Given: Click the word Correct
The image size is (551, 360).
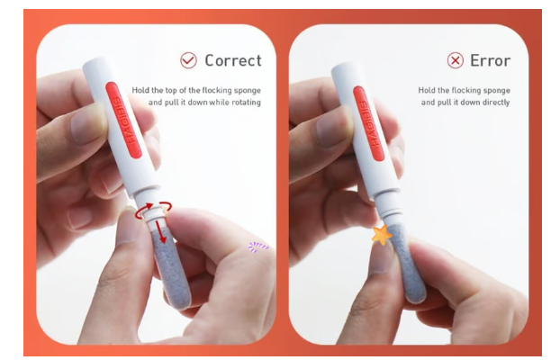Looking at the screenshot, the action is point(233,60).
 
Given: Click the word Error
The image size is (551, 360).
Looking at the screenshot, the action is point(490,60).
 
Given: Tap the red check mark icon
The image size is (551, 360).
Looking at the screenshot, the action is point(188,60).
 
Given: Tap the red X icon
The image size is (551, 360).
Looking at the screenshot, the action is point(456,60).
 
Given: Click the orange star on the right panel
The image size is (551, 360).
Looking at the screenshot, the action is point(382,235).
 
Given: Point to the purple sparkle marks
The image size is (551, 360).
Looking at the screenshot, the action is point(258,247).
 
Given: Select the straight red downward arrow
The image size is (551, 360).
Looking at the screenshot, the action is point(161,231).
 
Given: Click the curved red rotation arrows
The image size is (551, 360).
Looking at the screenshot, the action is point(154,210).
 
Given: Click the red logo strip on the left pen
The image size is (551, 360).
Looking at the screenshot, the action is point(123,121).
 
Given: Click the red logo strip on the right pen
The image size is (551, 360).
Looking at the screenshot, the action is point(370,123).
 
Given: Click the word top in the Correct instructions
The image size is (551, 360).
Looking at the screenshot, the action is point(171,91).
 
